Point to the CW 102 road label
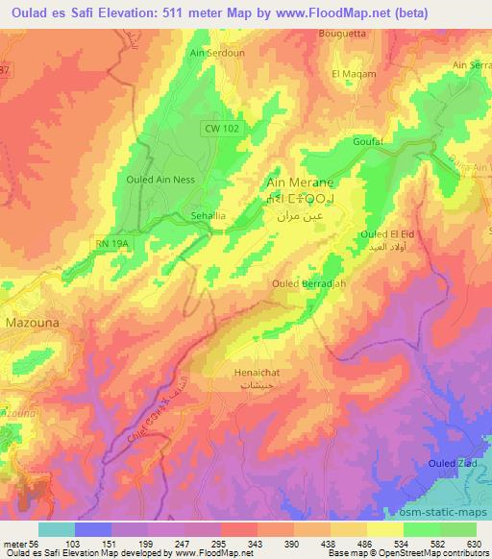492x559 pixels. pos(221,128)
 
